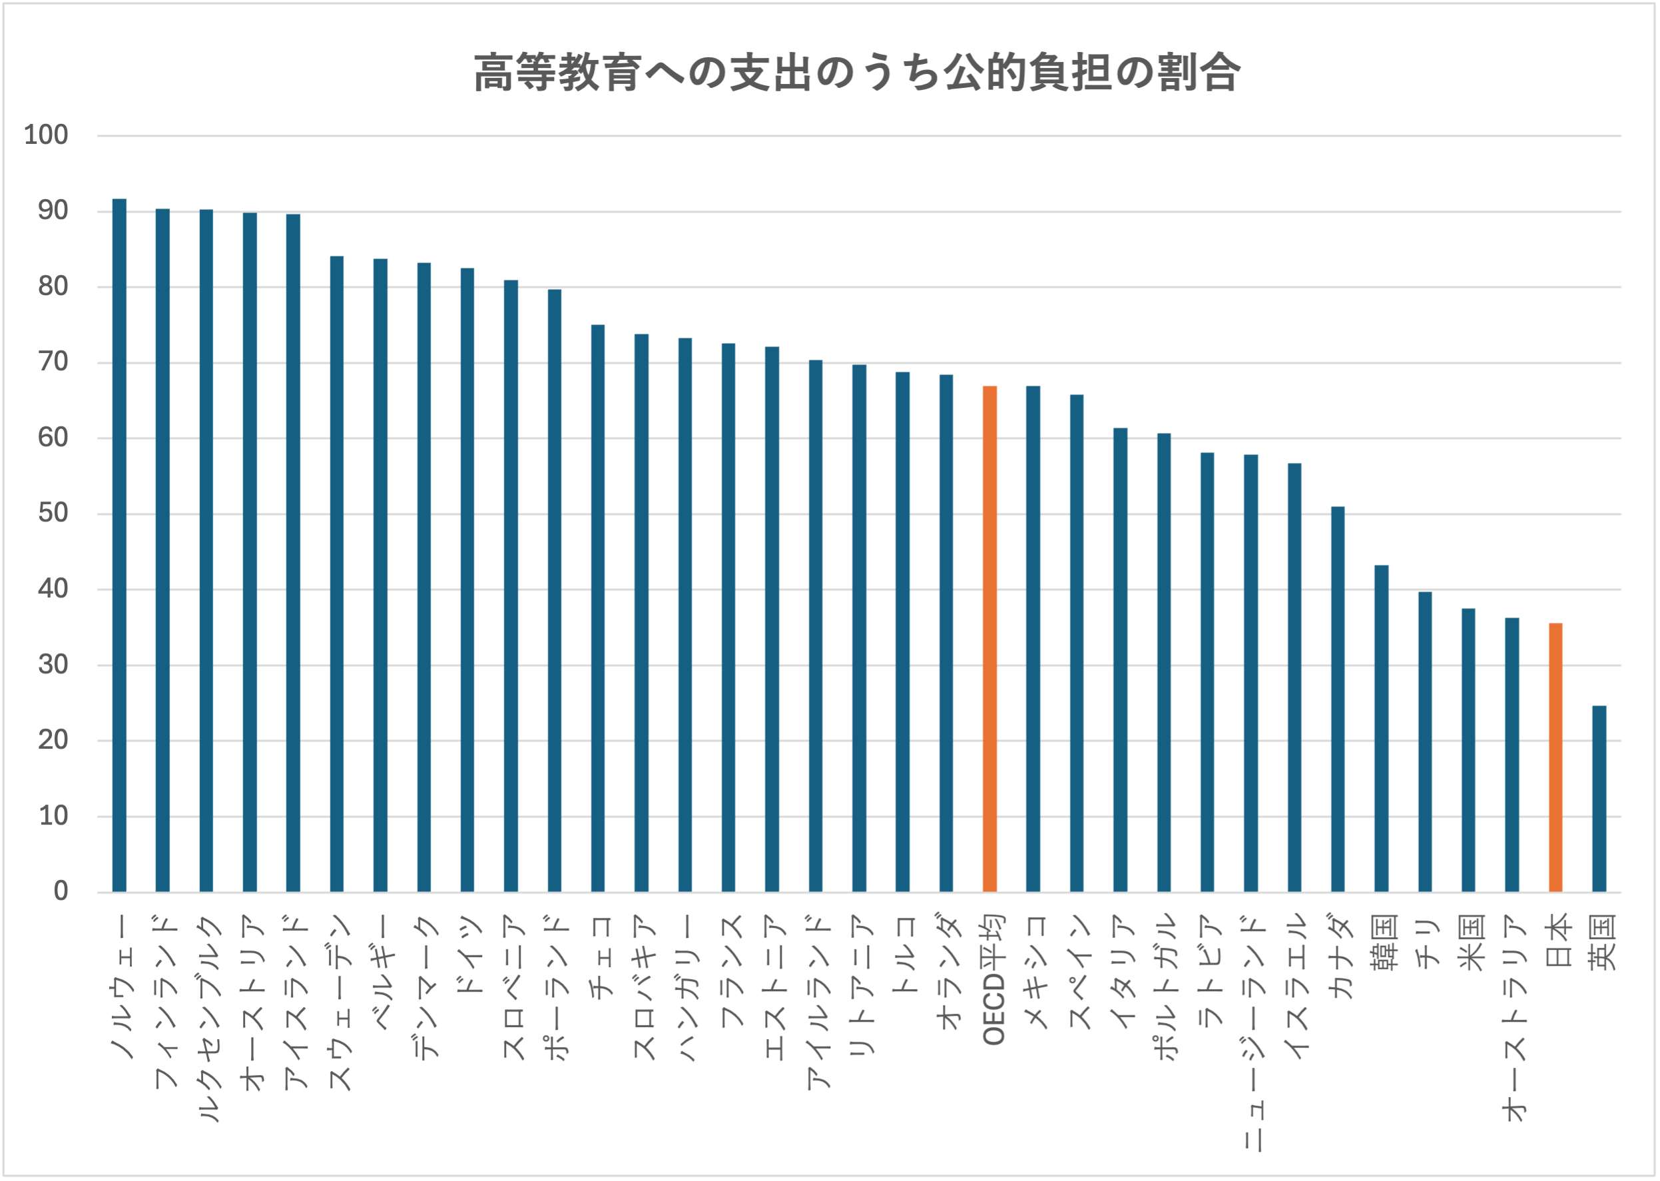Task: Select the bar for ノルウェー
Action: click(x=119, y=546)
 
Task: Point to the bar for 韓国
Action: click(x=1381, y=728)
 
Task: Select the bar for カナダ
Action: click(x=1337, y=699)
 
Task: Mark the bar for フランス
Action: click(x=728, y=617)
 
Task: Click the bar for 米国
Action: click(x=1468, y=750)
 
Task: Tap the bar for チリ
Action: click(x=1424, y=742)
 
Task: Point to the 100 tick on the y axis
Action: click(x=46, y=135)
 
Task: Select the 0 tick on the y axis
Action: click(x=61, y=891)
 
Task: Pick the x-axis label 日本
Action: click(x=1558, y=943)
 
